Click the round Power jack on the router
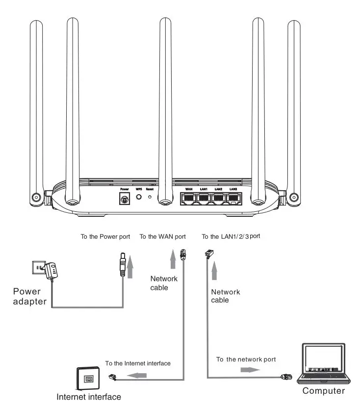(124, 199)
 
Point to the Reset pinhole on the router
(150, 197)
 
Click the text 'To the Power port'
(105, 236)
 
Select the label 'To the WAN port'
(162, 236)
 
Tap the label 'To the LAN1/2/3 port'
(231, 236)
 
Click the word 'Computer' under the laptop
(323, 391)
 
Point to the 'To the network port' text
(246, 359)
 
